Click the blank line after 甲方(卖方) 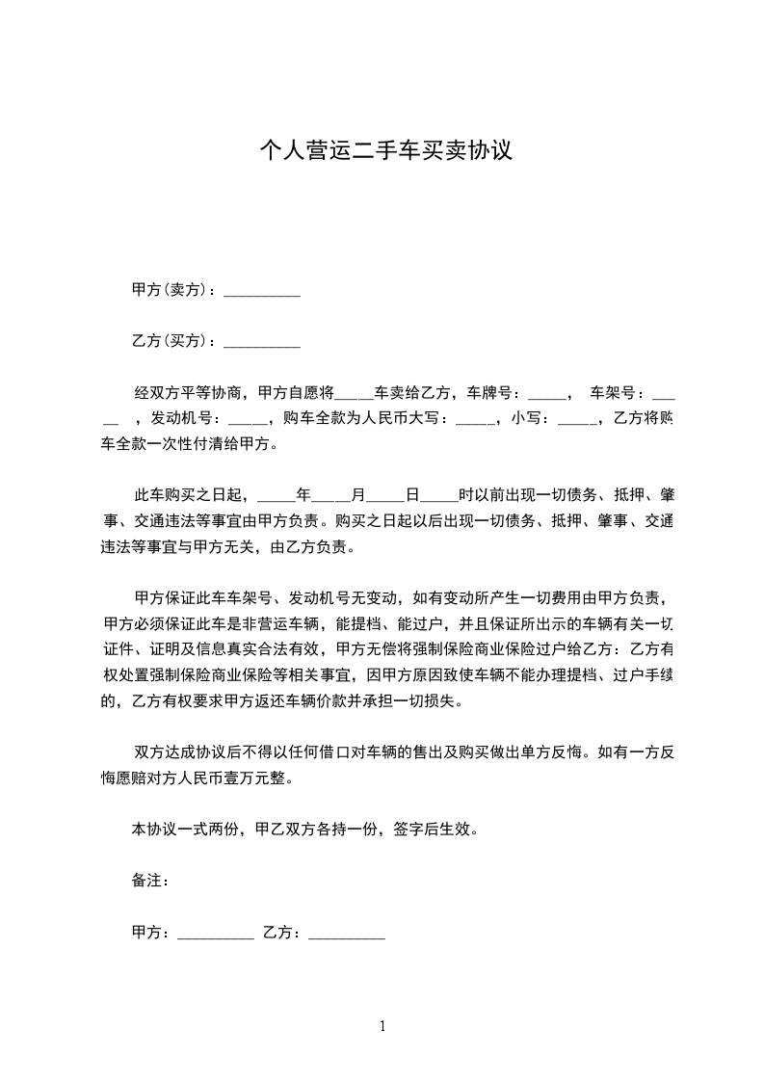[x=262, y=291]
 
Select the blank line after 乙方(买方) [x=262, y=341]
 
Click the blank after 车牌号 [x=548, y=393]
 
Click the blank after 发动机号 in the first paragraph [x=248, y=419]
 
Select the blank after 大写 [x=474, y=419]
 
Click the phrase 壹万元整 [x=257, y=777]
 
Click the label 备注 [x=148, y=881]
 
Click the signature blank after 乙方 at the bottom [x=347, y=933]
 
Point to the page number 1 [x=382, y=1026]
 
